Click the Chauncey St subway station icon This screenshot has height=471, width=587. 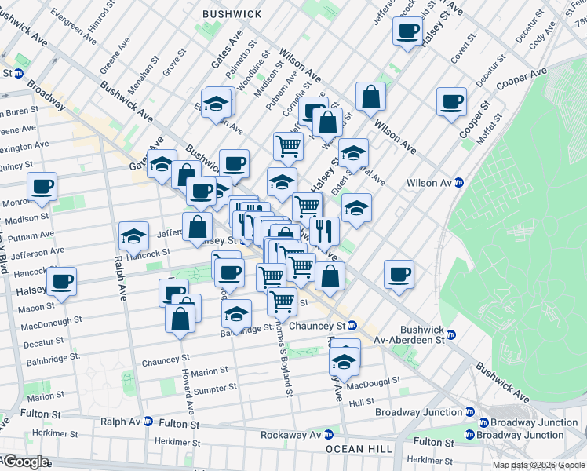pos(353,325)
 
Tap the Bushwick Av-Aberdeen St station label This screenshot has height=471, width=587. pos(422,334)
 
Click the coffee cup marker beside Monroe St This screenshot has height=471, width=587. pos(42,187)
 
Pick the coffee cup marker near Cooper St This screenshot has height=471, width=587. pos(451,102)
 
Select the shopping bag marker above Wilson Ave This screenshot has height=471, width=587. pos(370,97)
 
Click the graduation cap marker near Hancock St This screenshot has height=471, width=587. pos(134,235)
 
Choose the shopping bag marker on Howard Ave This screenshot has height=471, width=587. pos(180,319)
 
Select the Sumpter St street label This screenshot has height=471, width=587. pos(217,388)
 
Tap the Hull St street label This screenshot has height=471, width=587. pos(363,402)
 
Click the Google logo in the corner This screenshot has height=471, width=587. pos(25,462)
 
